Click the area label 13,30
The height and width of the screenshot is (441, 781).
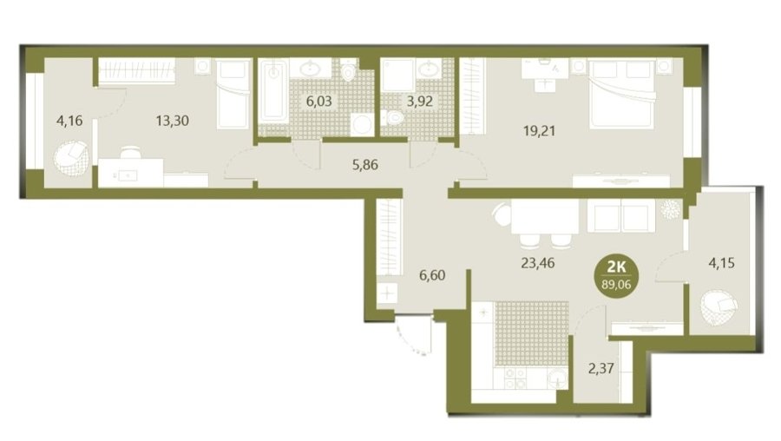point(173,121)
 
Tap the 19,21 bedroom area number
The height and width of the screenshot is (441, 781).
point(539,131)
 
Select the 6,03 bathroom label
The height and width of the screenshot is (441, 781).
point(318,102)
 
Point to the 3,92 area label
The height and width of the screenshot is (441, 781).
point(419,102)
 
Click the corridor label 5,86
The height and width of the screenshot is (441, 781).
point(365,164)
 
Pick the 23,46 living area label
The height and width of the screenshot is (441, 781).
point(537,263)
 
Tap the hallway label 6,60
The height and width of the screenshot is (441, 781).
point(432,275)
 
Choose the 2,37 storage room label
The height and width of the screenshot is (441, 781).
point(601,369)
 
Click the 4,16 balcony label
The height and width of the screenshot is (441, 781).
point(69,121)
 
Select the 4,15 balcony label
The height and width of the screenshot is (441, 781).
point(721,263)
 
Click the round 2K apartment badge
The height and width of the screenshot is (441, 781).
point(617,275)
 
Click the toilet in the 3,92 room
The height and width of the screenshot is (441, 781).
point(393,117)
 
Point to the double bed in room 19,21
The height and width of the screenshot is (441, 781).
point(620,94)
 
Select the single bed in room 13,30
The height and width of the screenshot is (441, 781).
point(233,94)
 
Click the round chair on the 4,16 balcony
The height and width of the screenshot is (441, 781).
point(71,159)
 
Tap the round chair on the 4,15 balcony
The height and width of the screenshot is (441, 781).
point(719,308)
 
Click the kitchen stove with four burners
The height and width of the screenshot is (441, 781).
point(515,378)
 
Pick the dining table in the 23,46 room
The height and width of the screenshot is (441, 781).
point(545,217)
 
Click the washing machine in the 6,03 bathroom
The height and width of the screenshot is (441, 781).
point(362,124)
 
